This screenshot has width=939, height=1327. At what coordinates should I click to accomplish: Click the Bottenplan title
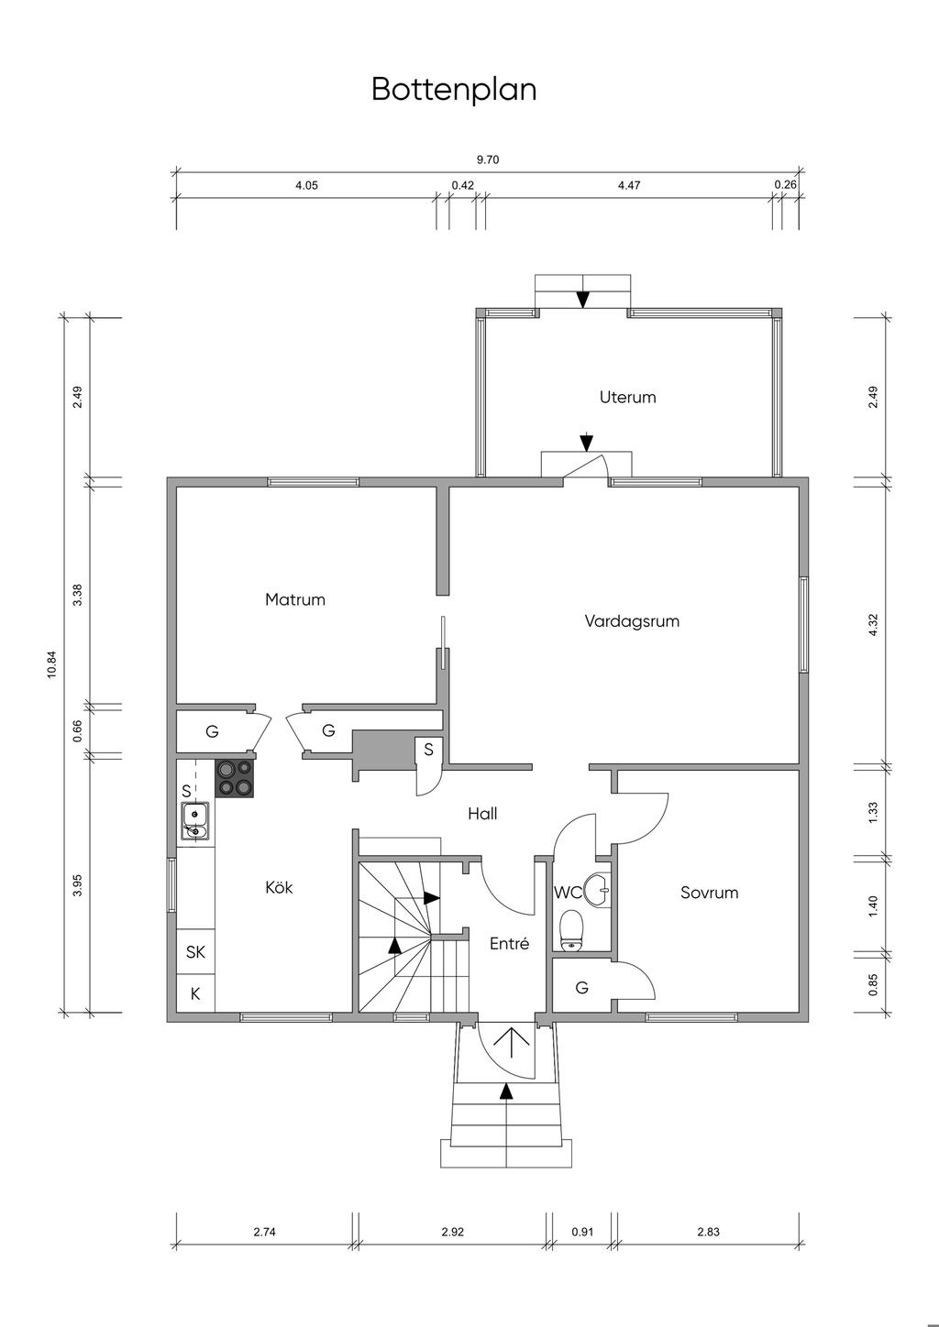click(454, 90)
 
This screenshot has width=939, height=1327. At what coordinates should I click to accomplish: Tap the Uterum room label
click(628, 398)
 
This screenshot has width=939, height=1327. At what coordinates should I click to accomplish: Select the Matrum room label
click(295, 600)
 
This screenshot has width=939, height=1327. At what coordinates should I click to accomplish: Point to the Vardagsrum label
click(632, 621)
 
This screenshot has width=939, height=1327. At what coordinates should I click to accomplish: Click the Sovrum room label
click(709, 893)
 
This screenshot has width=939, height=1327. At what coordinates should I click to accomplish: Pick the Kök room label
click(279, 888)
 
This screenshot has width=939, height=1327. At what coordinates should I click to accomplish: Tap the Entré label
click(509, 943)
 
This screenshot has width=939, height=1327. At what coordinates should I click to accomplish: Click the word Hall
click(482, 814)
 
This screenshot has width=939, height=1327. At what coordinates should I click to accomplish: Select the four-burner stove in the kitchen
click(234, 778)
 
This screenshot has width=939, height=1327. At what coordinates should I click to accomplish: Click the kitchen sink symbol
click(195, 821)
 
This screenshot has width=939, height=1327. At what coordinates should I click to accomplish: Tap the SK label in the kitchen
click(195, 952)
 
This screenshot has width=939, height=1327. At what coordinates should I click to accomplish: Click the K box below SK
click(195, 993)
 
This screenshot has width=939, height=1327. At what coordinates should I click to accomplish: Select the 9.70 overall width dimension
click(488, 159)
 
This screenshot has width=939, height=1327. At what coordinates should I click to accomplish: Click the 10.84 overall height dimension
click(51, 664)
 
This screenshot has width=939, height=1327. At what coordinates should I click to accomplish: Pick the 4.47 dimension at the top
click(629, 185)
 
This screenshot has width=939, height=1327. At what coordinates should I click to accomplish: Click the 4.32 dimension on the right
click(873, 626)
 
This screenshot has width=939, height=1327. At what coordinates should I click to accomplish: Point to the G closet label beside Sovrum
click(581, 988)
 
